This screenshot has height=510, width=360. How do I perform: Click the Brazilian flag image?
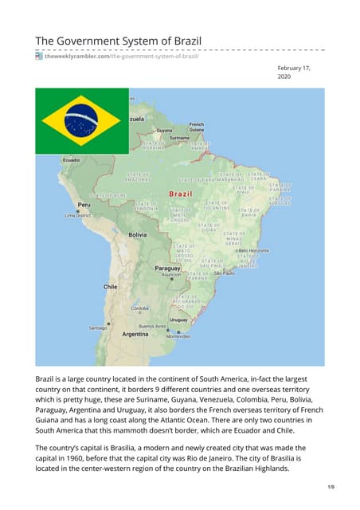[81, 120]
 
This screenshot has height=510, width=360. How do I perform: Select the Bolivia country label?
[139, 235]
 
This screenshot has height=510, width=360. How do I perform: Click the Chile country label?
[111, 285]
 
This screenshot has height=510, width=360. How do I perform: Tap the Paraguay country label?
[167, 269]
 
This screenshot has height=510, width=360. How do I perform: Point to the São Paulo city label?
[225, 273]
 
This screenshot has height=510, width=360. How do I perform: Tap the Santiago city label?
[98, 328]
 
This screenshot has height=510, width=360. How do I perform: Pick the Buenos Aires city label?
[152, 326]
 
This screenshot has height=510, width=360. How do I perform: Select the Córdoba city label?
[140, 308]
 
